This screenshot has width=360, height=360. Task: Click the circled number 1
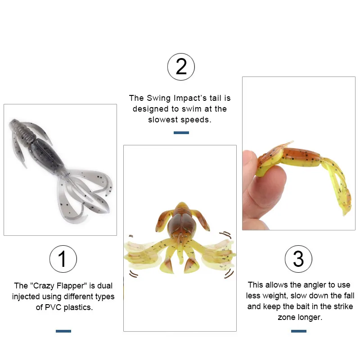(63, 259)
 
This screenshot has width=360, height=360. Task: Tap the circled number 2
(181, 67)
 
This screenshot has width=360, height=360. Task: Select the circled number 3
(298, 259)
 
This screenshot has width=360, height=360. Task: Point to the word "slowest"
(163, 120)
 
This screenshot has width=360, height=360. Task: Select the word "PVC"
(53, 307)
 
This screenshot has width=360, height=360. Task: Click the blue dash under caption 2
(181, 133)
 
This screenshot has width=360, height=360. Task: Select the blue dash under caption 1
(63, 331)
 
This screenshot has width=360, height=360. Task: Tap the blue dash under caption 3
(299, 331)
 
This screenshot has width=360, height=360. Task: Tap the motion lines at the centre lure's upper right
(225, 234)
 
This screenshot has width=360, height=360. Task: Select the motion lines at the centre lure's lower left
(133, 274)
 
